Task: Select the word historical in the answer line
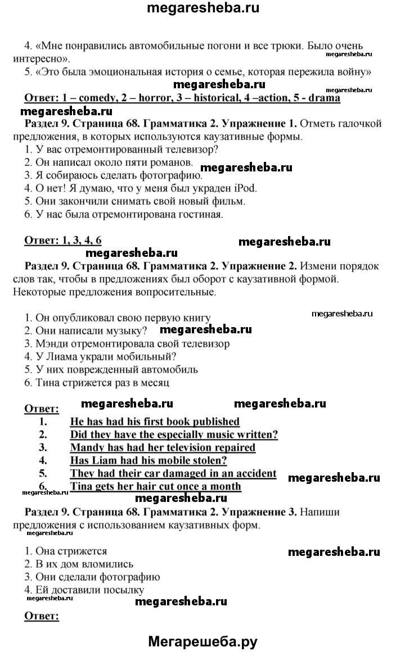coord(214,98)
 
